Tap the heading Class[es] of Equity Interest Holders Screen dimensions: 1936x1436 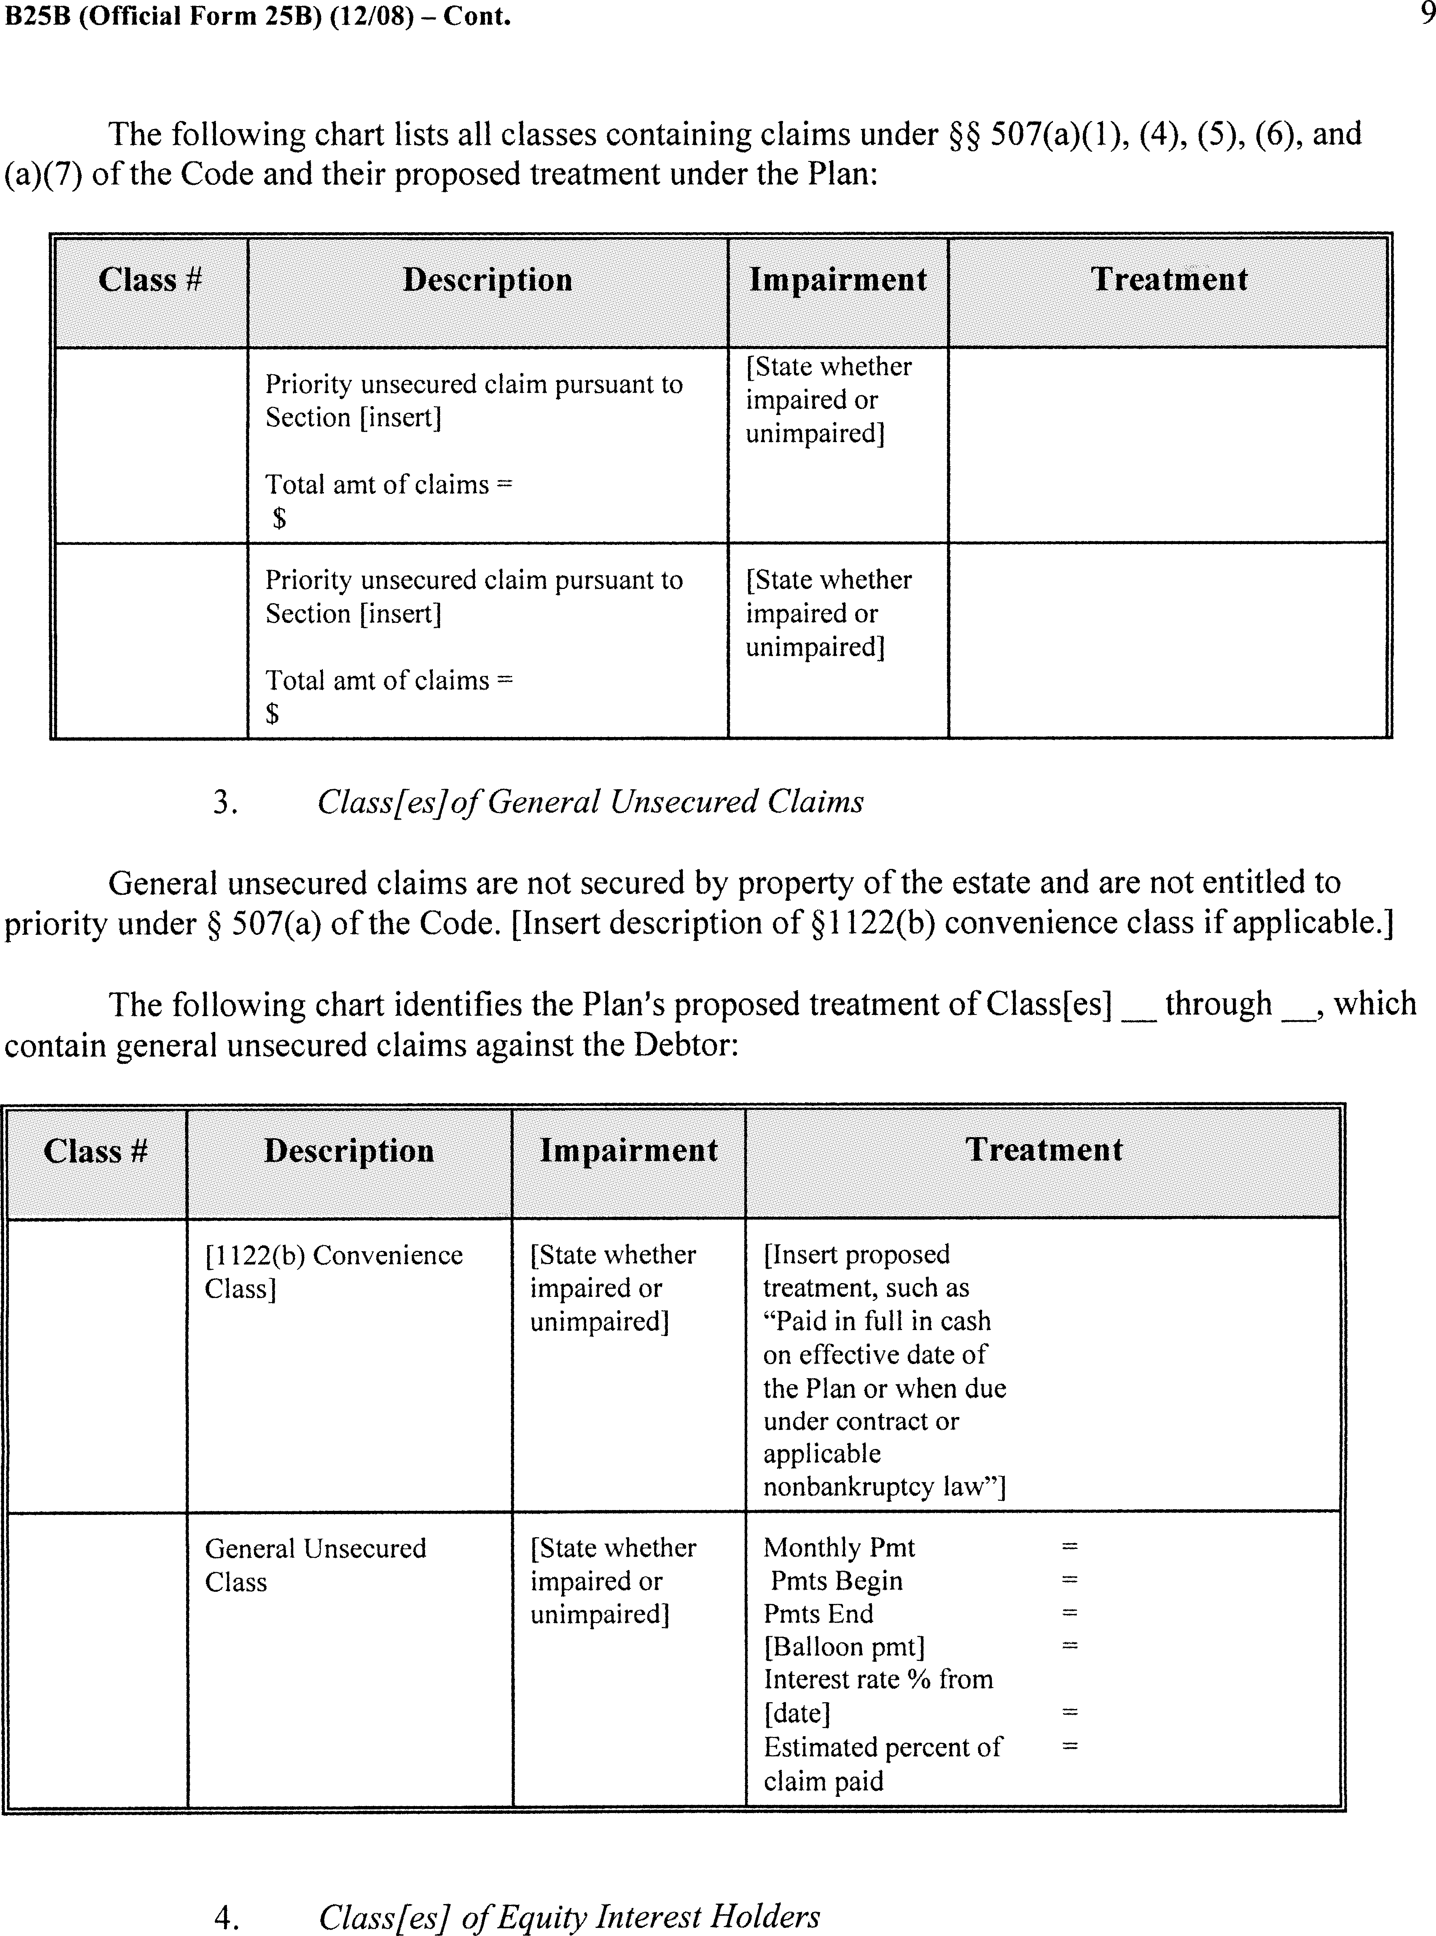point(570,1916)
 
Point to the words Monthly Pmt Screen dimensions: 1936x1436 point(839,1547)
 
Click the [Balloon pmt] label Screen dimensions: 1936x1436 point(844,1646)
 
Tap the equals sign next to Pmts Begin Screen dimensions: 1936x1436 point(1069,1580)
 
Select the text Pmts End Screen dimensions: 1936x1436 point(818,1614)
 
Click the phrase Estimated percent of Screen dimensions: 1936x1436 point(882,1747)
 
